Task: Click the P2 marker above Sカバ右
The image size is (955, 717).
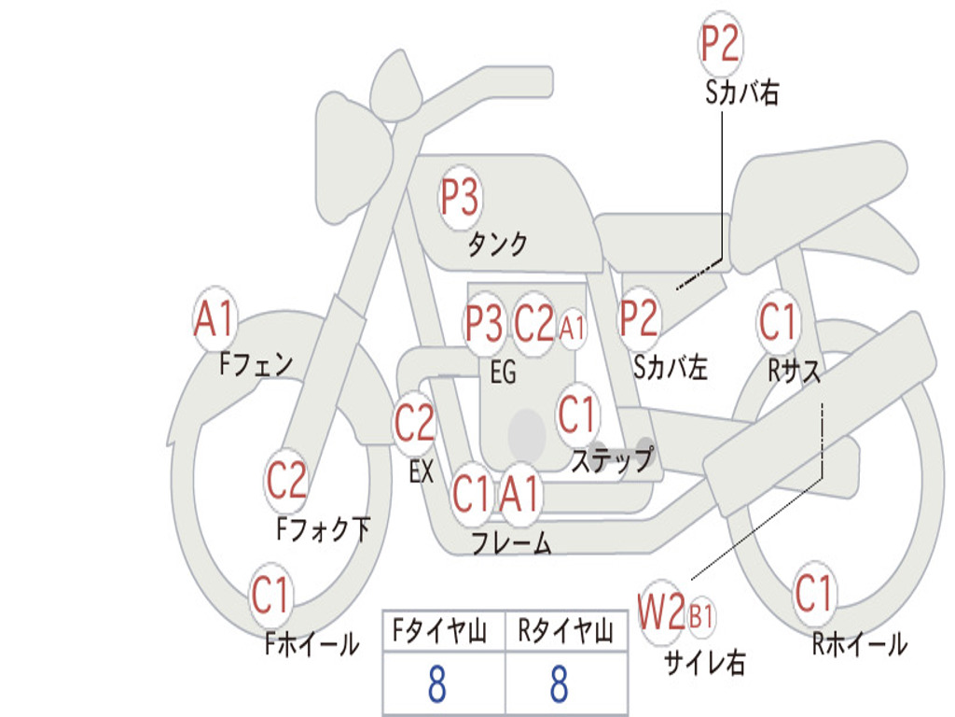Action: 720,44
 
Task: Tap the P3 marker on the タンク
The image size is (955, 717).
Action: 460,198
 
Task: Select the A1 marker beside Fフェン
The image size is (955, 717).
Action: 215,319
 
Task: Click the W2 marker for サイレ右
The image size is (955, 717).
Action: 661,613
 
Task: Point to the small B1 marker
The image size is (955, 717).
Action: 701,615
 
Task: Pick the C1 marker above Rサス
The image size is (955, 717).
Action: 778,322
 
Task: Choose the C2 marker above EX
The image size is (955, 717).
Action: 415,424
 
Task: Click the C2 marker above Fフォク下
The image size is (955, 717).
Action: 286,481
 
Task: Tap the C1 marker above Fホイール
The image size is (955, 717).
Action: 271,595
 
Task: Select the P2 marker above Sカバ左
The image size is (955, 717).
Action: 639,318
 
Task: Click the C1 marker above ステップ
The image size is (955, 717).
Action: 577,415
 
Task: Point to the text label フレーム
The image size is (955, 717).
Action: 511,543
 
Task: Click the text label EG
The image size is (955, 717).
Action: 503,373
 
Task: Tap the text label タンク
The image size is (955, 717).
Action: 497,245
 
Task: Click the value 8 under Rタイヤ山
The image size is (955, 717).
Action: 559,684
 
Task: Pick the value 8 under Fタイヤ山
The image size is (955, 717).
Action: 436,684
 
